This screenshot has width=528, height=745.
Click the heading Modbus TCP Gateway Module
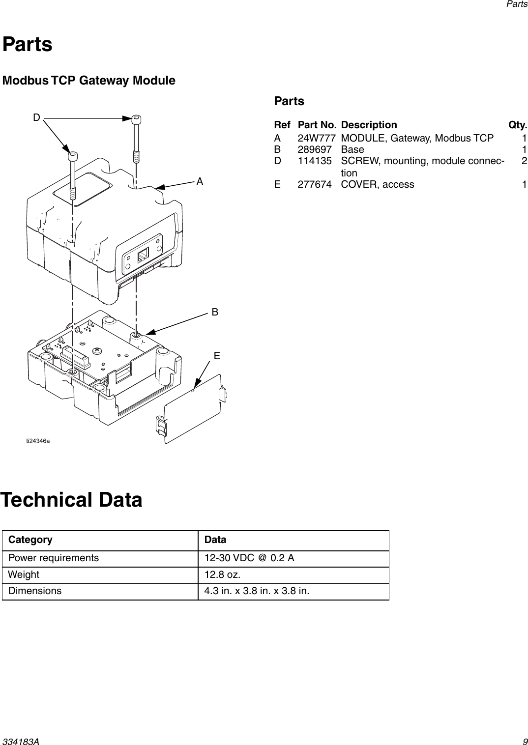[x=89, y=80]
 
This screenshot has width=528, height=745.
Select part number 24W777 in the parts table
[x=317, y=138]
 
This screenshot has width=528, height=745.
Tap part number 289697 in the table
[x=314, y=149]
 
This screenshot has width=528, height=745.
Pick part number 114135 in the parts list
[x=314, y=161]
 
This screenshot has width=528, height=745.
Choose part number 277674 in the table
[x=314, y=184]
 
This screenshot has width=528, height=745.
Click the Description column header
[x=369, y=125]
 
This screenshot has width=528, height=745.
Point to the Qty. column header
[x=518, y=125]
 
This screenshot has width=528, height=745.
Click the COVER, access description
[x=377, y=184]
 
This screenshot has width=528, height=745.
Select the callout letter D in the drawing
[x=36, y=117]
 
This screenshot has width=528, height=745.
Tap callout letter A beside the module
[x=200, y=181]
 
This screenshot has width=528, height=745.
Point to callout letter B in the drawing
[x=215, y=312]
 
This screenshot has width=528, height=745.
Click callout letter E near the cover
[x=216, y=356]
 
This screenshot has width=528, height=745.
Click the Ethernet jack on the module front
[x=143, y=255]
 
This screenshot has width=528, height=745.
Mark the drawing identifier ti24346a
[x=38, y=441]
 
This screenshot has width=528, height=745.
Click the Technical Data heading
[x=72, y=500]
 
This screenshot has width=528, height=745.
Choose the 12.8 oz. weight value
[x=222, y=574]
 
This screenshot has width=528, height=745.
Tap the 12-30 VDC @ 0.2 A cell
[x=249, y=558]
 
